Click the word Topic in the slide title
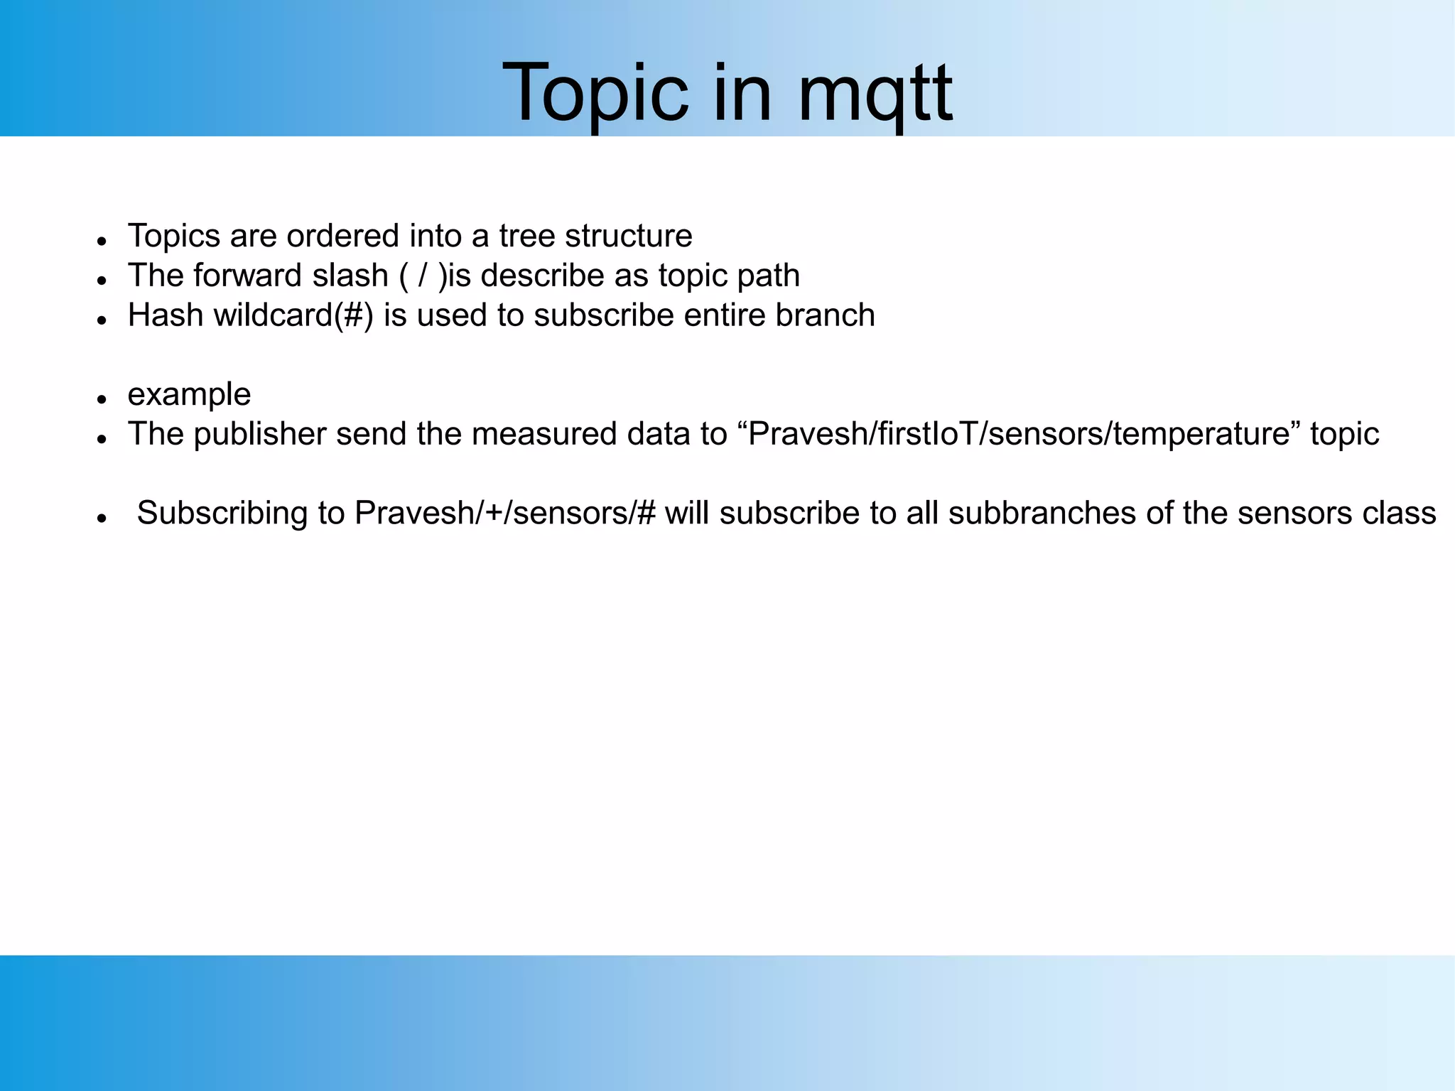point(595,94)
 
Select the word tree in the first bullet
point(526,236)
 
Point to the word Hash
point(166,315)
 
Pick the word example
point(189,394)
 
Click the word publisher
point(259,434)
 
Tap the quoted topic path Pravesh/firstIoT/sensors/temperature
point(1018,434)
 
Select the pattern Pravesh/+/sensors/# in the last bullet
point(504,513)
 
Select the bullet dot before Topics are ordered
point(102,241)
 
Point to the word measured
point(544,434)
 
